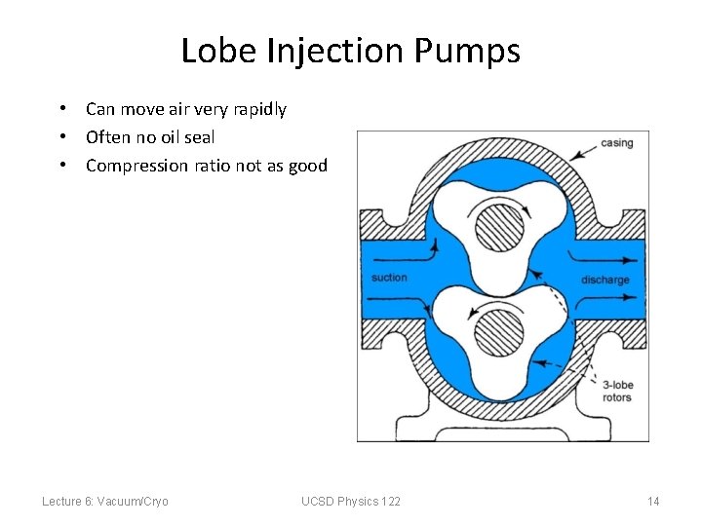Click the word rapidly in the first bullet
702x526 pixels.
tap(255, 109)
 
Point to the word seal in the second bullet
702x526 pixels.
tap(199, 137)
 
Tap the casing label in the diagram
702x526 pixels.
tap(616, 143)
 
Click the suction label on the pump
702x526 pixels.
tap(389, 279)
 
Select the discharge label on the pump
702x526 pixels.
tap(605, 280)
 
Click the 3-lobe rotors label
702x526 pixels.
tap(617, 391)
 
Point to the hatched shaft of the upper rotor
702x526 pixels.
tap(498, 230)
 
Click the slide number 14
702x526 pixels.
tap(653, 501)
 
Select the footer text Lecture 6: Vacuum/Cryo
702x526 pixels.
tap(105, 501)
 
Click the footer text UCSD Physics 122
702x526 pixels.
tap(351, 501)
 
